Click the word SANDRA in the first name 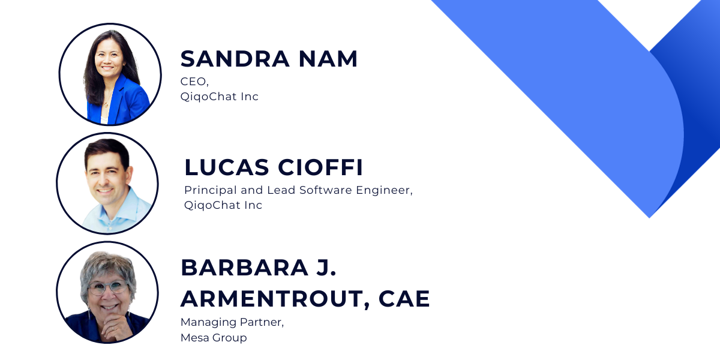pos(235,59)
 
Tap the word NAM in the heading pos(328,59)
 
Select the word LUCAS pos(227,167)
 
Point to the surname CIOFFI pos(320,167)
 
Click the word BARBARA pos(245,268)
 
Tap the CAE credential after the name pos(404,299)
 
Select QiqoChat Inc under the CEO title pos(220,97)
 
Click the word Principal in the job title pos(211,190)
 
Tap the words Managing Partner pos(232,322)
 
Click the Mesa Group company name pos(214,338)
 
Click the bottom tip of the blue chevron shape pos(649,218)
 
